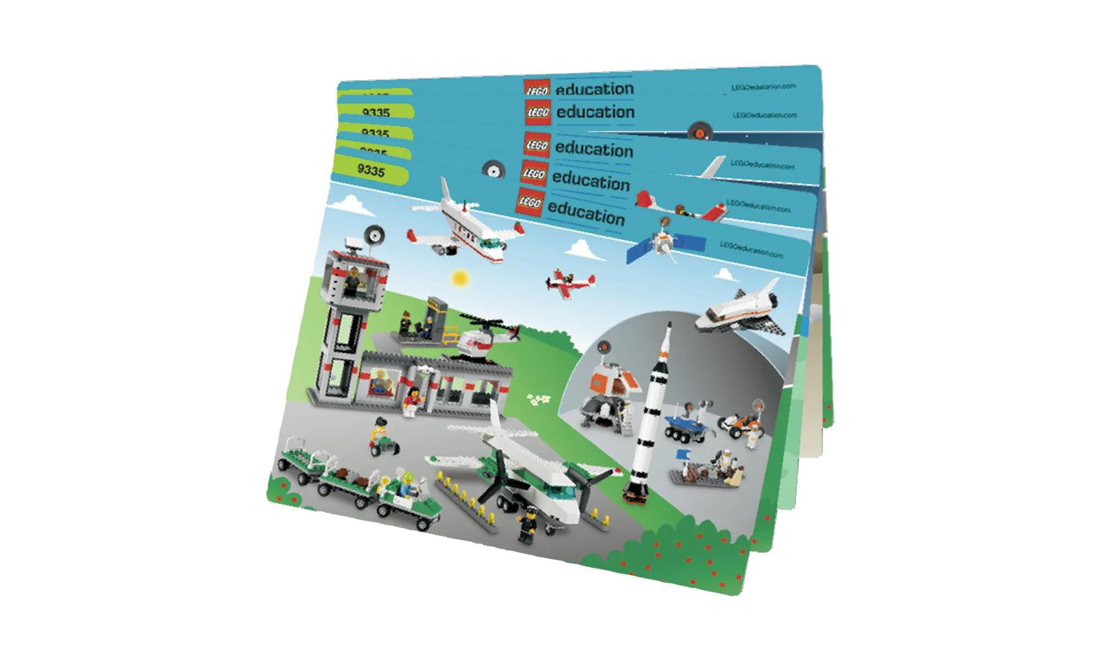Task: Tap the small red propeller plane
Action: click(570, 281)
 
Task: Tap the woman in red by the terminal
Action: click(411, 401)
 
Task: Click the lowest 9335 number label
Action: click(371, 170)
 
